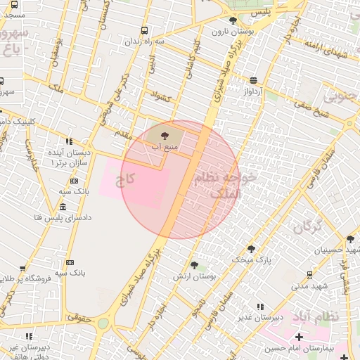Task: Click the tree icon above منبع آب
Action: click(x=165, y=134)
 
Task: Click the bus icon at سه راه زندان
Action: click(x=144, y=30)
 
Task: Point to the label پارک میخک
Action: click(x=252, y=260)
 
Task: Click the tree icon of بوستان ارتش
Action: click(x=194, y=264)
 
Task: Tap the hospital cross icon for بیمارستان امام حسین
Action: click(x=300, y=337)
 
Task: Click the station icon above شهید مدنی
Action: click(x=310, y=275)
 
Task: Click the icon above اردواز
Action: click(x=252, y=79)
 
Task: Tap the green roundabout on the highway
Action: click(x=103, y=324)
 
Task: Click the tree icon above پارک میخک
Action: click(x=251, y=248)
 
